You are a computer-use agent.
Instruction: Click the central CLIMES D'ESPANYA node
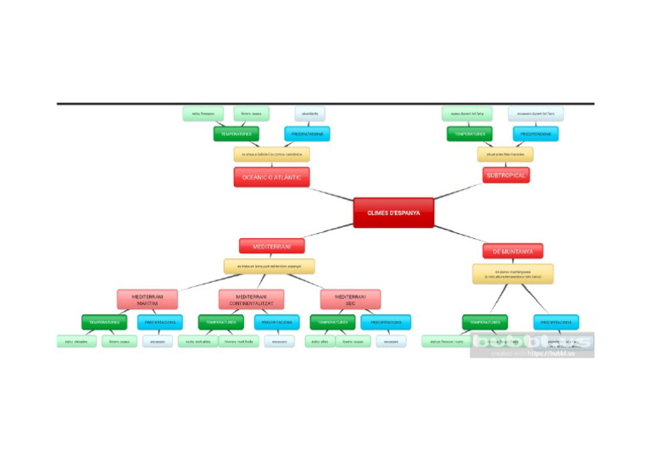click(x=393, y=213)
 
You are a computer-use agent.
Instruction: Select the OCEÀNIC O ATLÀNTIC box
click(x=271, y=176)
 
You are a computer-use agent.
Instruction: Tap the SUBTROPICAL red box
click(x=507, y=175)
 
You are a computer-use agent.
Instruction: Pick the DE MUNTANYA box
click(x=513, y=251)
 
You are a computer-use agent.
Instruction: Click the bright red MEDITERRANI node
click(x=270, y=247)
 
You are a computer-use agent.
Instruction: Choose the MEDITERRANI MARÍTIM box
click(x=147, y=299)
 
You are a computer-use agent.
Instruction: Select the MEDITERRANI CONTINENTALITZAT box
click(x=251, y=299)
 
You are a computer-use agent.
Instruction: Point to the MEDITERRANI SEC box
click(x=350, y=299)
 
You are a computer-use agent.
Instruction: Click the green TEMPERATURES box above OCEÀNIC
click(x=236, y=134)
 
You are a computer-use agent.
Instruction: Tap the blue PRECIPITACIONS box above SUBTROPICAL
click(x=535, y=134)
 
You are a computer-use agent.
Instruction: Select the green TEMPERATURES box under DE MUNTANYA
click(x=485, y=322)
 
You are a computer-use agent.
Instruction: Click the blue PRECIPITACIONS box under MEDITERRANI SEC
click(x=386, y=322)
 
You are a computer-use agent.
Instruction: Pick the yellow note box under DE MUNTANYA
click(x=513, y=274)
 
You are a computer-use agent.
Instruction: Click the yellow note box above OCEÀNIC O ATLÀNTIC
click(x=271, y=154)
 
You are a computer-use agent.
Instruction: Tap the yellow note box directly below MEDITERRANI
click(x=269, y=266)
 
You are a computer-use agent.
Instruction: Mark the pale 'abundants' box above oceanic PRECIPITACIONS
click(x=310, y=114)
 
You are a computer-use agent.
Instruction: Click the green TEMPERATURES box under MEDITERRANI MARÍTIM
click(x=103, y=322)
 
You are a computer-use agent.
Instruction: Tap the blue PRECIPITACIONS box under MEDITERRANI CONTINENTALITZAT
click(x=276, y=322)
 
